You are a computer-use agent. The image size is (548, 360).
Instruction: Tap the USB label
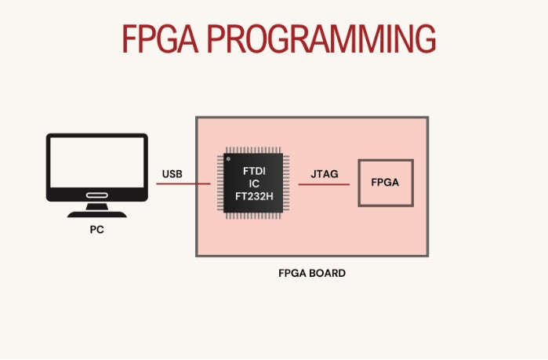[x=172, y=173]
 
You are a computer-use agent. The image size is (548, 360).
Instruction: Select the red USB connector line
[x=183, y=184]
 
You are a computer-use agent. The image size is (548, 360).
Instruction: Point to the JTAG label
[x=324, y=173]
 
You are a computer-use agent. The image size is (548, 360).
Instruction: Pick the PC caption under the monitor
[x=96, y=231]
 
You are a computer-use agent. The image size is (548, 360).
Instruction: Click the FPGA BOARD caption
[x=311, y=274]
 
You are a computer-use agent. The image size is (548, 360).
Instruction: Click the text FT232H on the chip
[x=253, y=196]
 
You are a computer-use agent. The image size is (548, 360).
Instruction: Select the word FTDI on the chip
[x=253, y=169]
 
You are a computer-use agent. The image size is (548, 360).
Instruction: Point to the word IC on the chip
[x=253, y=183]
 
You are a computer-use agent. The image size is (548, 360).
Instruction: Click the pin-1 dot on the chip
[x=229, y=159]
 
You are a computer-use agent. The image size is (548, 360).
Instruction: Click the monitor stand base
[x=96, y=213]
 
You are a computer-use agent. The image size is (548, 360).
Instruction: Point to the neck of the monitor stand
[x=96, y=205]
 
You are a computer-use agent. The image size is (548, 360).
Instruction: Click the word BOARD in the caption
[x=328, y=274]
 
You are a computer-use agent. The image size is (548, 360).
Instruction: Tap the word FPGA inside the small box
[x=385, y=183]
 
